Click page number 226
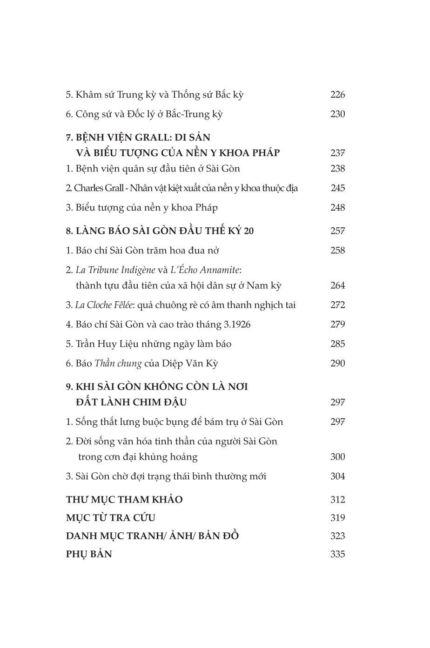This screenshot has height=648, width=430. pos(337,95)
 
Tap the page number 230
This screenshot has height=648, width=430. pos(337,114)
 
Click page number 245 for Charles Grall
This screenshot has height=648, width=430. pos(338,188)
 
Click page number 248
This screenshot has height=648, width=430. pos(337,207)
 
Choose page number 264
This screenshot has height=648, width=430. pos(337,286)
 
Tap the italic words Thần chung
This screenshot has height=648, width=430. pos(118,364)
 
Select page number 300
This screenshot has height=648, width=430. pos(337,457)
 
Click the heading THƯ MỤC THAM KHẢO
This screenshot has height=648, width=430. pos(124,500)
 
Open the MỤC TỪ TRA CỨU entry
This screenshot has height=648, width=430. pos(110,518)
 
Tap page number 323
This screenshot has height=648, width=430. pos(337,536)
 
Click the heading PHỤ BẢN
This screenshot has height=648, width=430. pos(89,554)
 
